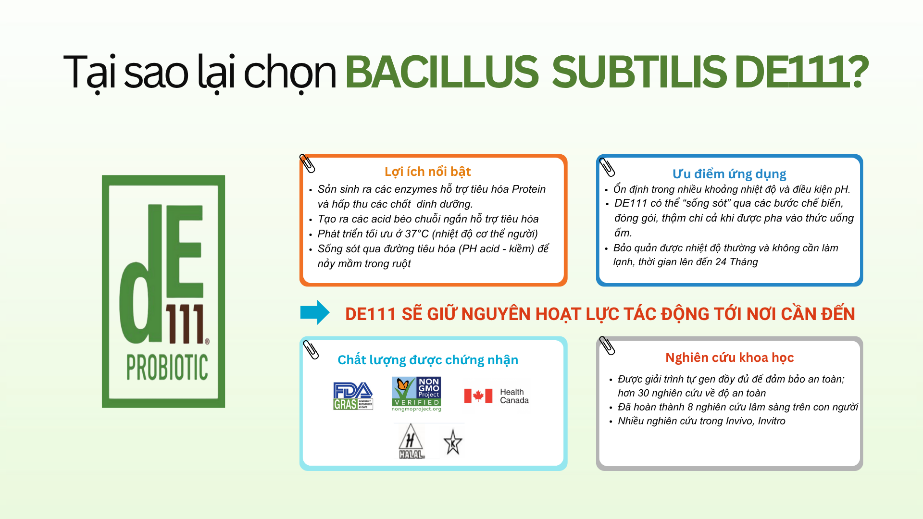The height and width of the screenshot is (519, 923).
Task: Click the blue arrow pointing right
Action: (315, 312)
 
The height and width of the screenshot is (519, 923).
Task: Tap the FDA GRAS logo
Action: (353, 396)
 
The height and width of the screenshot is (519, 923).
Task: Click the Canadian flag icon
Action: (478, 396)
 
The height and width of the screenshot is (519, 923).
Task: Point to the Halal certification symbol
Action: (411, 441)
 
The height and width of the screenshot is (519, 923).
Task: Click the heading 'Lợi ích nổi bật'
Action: (427, 172)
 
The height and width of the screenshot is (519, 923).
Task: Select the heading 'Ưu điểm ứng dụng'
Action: (729, 174)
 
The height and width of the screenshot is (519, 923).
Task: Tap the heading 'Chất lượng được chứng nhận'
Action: (428, 360)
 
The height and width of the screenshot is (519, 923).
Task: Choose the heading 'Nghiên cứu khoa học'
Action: (729, 358)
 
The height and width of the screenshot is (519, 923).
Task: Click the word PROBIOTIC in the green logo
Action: (167, 368)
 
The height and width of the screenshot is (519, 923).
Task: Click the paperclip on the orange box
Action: (307, 163)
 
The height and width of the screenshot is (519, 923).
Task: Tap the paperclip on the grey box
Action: (607, 346)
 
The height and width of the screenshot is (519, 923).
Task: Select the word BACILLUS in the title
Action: (442, 72)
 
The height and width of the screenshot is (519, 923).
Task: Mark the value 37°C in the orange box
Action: (417, 234)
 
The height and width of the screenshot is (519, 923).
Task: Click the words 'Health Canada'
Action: (514, 396)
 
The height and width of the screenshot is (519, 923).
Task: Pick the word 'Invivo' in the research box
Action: (740, 421)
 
